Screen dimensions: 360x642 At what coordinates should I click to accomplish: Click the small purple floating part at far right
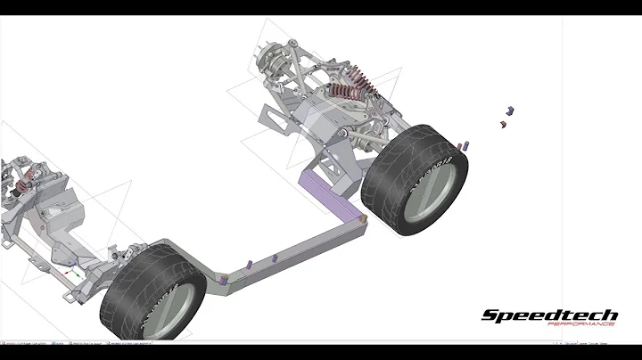511,110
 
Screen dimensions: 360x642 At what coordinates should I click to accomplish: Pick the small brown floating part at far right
501,125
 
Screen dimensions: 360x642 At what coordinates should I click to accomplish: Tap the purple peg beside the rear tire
465,145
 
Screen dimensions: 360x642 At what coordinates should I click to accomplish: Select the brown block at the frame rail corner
363,217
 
